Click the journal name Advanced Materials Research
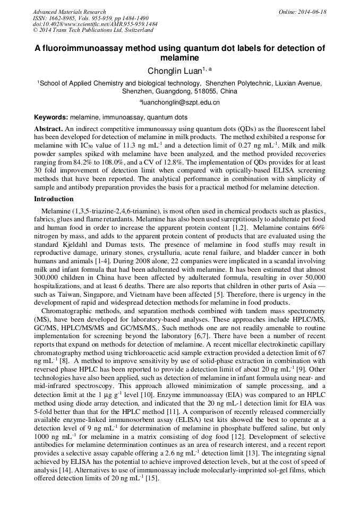[69, 12]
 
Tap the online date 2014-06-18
[312, 12]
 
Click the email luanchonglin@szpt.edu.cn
[179, 102]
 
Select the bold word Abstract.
[48, 129]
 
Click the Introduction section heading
[54, 199]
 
